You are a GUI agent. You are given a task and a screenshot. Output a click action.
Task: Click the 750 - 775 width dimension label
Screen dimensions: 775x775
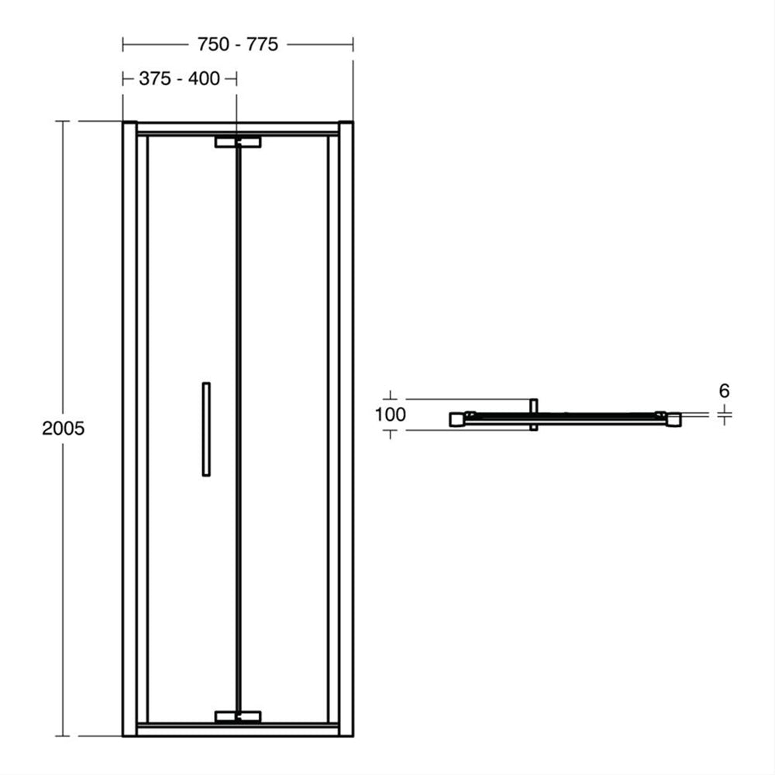(x=238, y=44)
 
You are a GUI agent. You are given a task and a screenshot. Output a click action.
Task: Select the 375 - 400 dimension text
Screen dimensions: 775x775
(x=180, y=78)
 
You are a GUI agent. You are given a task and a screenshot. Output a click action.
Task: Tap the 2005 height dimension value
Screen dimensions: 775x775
(x=64, y=429)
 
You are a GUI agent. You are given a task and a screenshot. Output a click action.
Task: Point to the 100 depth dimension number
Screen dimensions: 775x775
(x=391, y=415)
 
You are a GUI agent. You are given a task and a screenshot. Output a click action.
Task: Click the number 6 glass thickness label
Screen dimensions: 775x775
(x=724, y=391)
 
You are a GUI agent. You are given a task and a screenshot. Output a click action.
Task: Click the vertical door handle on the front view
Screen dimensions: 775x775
(x=206, y=429)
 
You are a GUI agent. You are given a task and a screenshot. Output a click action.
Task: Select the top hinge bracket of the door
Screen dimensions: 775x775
(x=238, y=143)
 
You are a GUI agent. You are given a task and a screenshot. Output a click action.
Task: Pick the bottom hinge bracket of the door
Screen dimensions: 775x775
(x=238, y=717)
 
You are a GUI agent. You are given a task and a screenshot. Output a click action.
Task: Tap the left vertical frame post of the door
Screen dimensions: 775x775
(x=130, y=429)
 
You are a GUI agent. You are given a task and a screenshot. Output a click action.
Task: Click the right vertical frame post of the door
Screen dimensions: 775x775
(x=346, y=429)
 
